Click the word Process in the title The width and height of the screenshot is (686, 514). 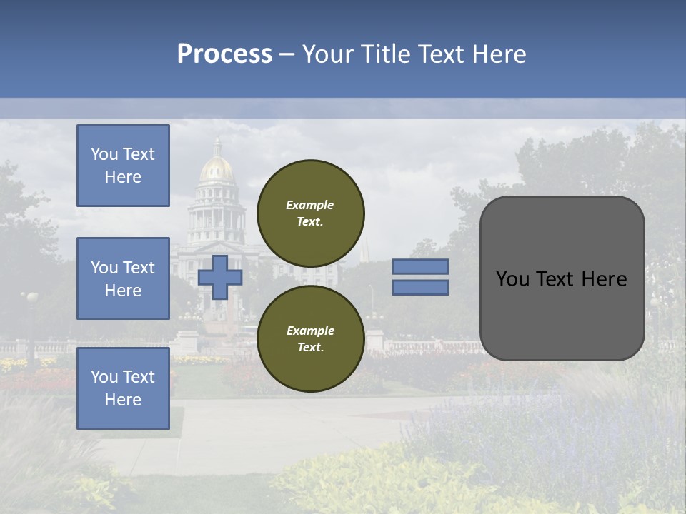coord(224,54)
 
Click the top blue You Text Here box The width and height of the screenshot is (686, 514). coord(123,166)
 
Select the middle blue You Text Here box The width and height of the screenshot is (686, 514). coord(123,278)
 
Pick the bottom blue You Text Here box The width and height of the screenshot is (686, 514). coord(123,388)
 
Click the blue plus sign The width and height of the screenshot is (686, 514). coord(220,277)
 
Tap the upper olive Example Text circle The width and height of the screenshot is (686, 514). coord(310,213)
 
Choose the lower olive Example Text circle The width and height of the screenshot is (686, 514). coord(310,338)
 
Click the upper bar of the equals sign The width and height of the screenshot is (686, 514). coord(421,266)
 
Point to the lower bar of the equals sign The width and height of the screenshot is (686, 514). coord(421,287)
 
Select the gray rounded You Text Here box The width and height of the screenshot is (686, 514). coord(562,278)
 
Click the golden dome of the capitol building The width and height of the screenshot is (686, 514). coord(217,168)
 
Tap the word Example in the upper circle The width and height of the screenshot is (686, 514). coord(310,205)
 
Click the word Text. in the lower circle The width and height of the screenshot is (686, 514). coord(310,348)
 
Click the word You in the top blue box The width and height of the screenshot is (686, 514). coord(104,154)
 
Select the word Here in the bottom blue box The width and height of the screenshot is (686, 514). coord(123,400)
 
